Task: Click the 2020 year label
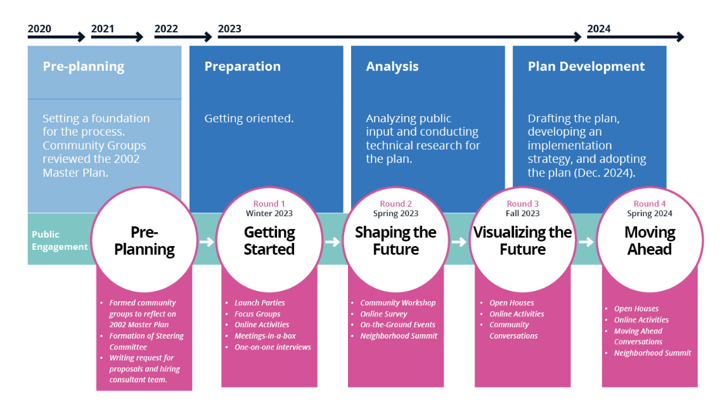click(x=39, y=29)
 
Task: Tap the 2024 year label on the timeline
click(x=599, y=29)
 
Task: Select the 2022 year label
click(x=166, y=29)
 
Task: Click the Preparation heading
click(x=243, y=66)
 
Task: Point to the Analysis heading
click(x=392, y=66)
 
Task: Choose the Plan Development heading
click(x=586, y=66)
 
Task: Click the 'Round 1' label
click(x=269, y=204)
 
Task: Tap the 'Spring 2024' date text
click(x=649, y=214)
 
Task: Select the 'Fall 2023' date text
click(x=522, y=213)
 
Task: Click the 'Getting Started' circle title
click(x=269, y=241)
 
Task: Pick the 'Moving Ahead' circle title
click(x=650, y=241)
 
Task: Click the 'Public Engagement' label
click(x=60, y=240)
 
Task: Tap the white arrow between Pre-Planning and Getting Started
click(x=207, y=242)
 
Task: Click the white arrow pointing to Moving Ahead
click(x=586, y=242)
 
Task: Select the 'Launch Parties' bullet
click(x=259, y=302)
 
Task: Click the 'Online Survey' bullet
click(x=383, y=314)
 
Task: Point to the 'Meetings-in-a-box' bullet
click(x=265, y=336)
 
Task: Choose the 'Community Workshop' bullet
click(x=397, y=302)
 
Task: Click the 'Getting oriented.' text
click(x=249, y=119)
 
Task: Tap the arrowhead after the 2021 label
click(x=139, y=37)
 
